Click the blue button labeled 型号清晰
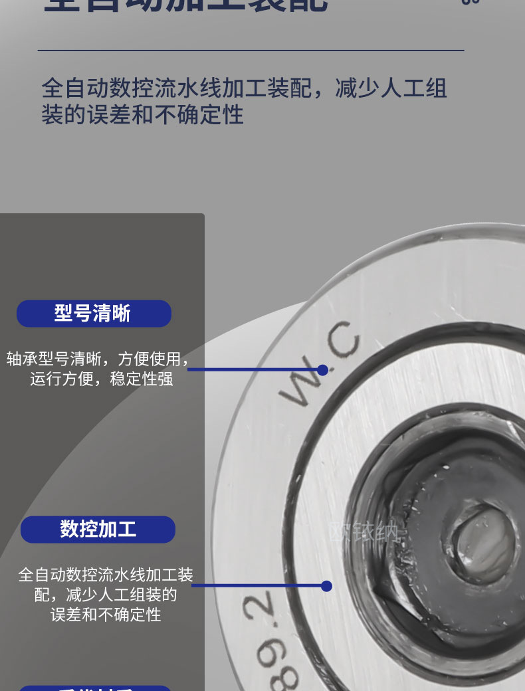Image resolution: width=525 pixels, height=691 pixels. click(x=94, y=314)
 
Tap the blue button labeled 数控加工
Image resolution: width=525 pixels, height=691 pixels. click(x=98, y=530)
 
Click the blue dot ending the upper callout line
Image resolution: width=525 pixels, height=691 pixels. click(x=322, y=370)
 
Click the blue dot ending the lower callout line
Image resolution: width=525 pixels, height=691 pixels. click(x=326, y=586)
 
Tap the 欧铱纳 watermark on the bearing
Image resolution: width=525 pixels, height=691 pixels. click(x=366, y=533)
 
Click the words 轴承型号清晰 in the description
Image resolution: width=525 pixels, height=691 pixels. click(x=54, y=359)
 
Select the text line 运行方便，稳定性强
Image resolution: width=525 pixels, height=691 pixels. click(x=101, y=380)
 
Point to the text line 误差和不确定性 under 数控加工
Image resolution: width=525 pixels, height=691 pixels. click(x=106, y=615)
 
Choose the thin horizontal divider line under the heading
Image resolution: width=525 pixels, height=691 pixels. click(x=251, y=50)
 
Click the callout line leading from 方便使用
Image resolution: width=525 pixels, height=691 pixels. click(x=253, y=370)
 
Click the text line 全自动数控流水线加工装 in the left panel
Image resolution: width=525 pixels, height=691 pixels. click(x=106, y=575)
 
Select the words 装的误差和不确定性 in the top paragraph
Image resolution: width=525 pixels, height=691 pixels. click(x=142, y=115)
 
